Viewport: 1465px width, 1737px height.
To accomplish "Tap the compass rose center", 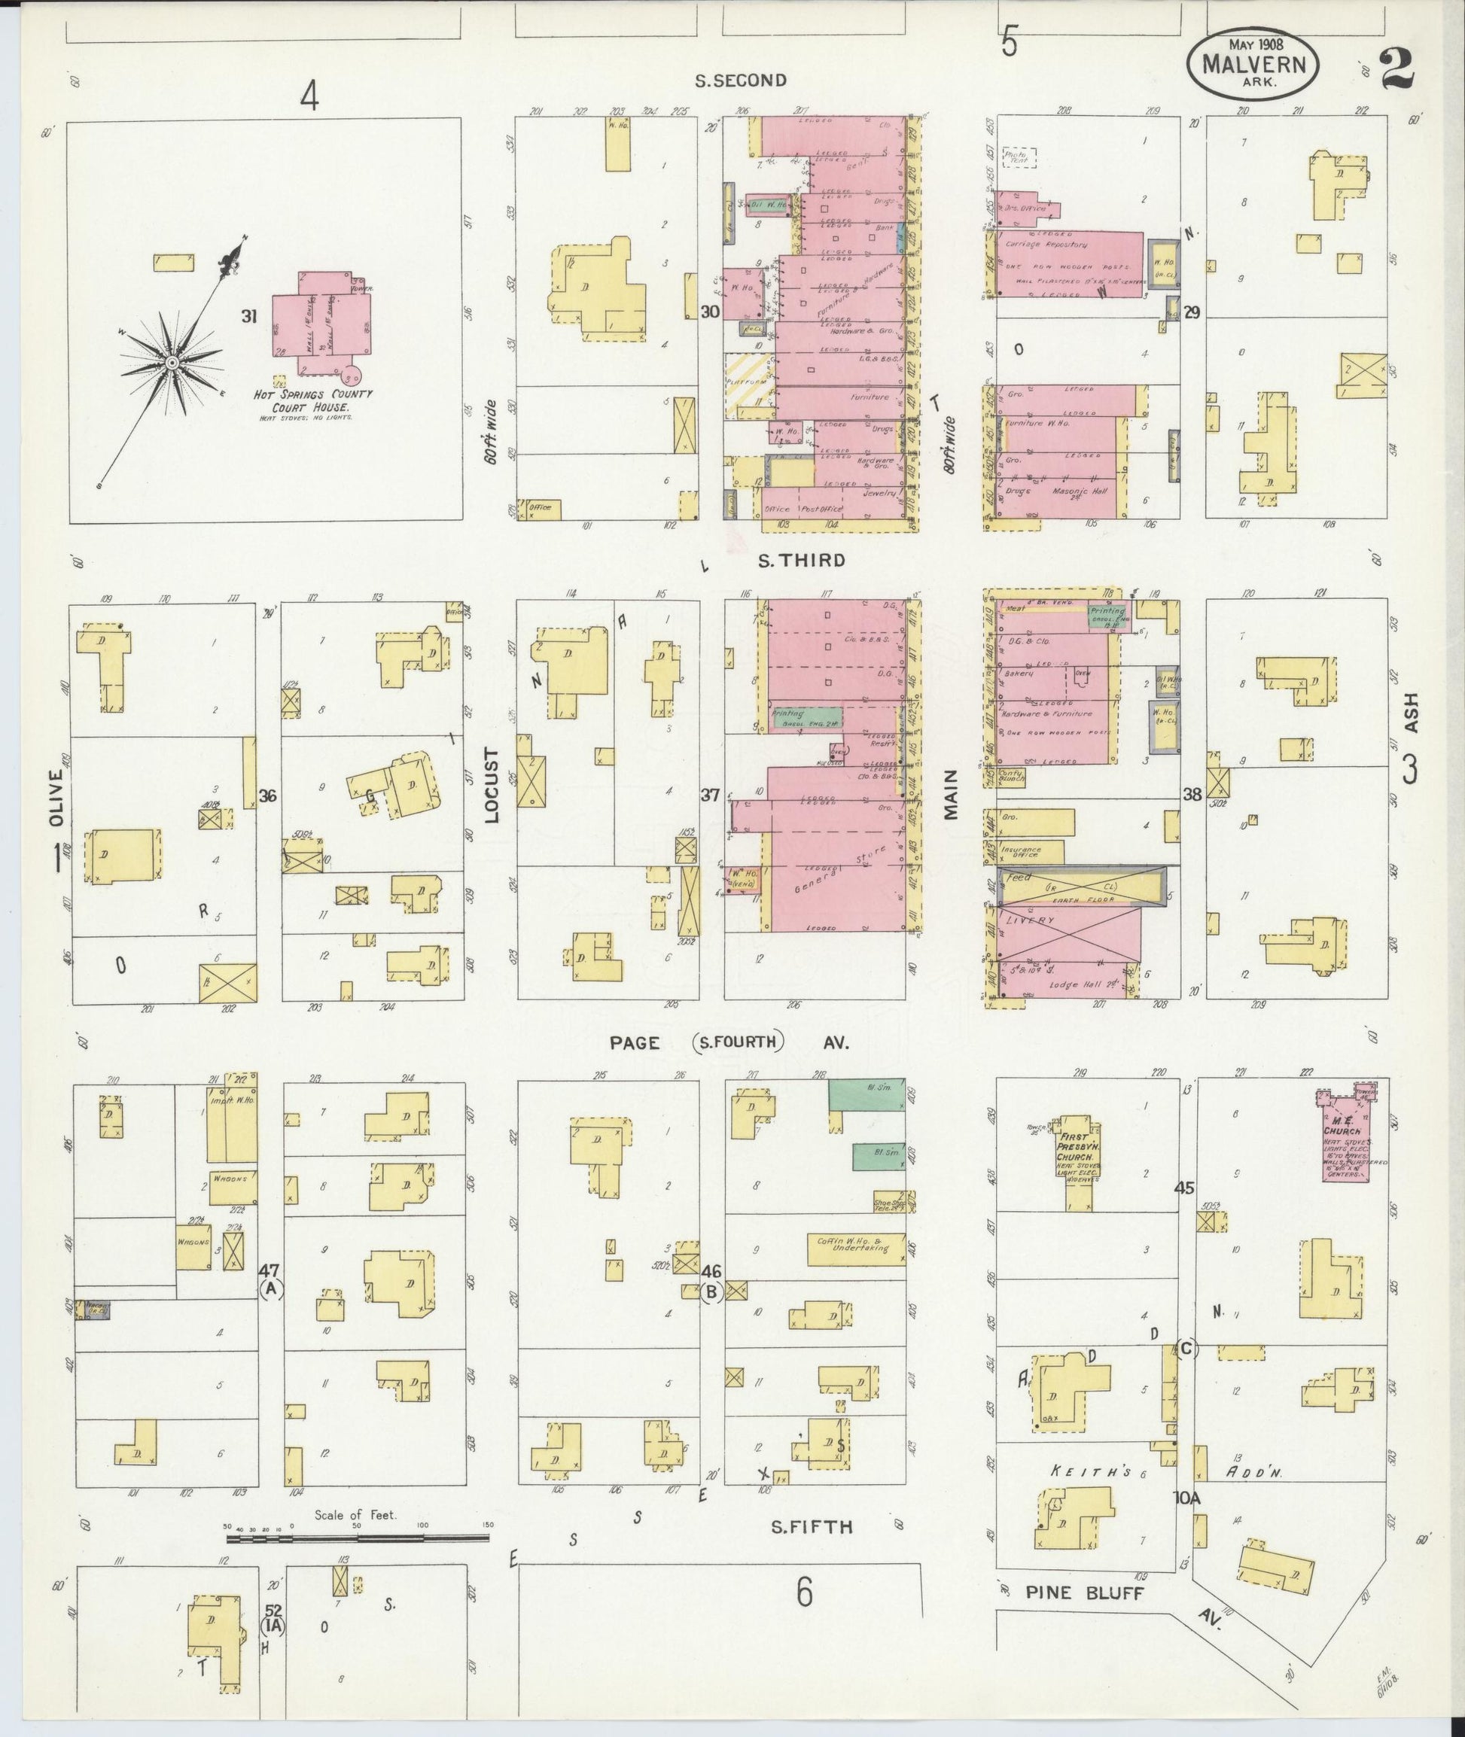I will tap(171, 363).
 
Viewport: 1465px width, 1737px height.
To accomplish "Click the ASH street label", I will tap(1411, 713).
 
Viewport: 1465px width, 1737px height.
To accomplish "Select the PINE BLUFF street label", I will tap(1085, 1593).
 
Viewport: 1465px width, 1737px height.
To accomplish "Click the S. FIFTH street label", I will tap(812, 1527).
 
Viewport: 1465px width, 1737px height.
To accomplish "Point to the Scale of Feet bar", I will tap(360, 1538).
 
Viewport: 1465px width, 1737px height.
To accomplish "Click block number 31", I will tap(248, 315).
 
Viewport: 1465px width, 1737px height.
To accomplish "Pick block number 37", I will tap(709, 795).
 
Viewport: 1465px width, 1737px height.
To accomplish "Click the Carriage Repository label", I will tap(1046, 245).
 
